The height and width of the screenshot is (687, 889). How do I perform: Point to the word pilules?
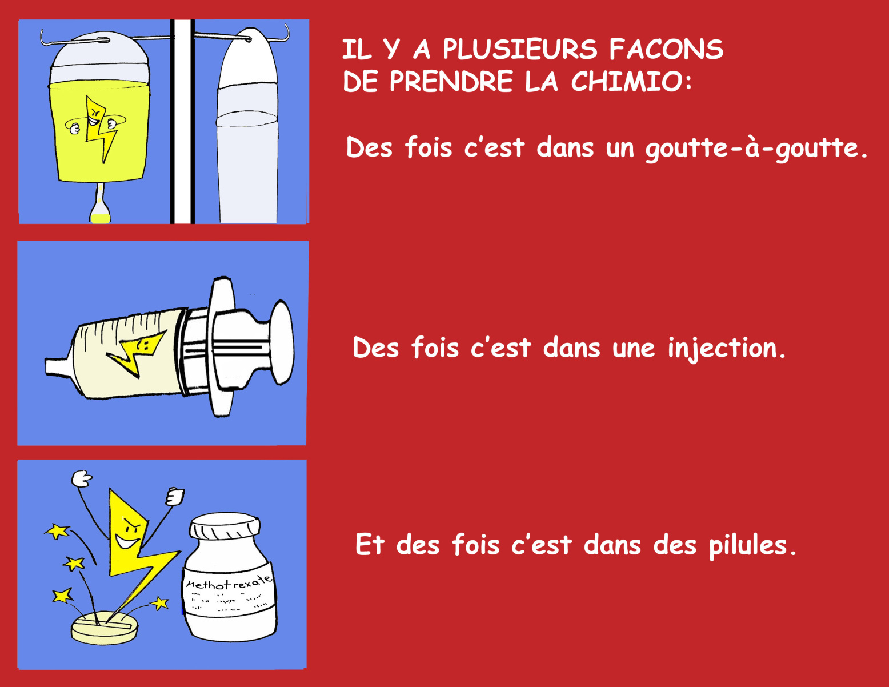pyautogui.click(x=752, y=545)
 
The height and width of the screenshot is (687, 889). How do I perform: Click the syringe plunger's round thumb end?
pyautogui.click(x=282, y=342)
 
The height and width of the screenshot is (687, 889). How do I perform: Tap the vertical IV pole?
pyautogui.click(x=182, y=122)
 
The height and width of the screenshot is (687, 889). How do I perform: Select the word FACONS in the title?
pyautogui.click(x=666, y=49)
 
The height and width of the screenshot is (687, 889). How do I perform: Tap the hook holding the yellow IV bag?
pyautogui.click(x=74, y=38)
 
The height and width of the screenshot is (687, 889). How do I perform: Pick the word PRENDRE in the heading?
pyautogui.click(x=451, y=81)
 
